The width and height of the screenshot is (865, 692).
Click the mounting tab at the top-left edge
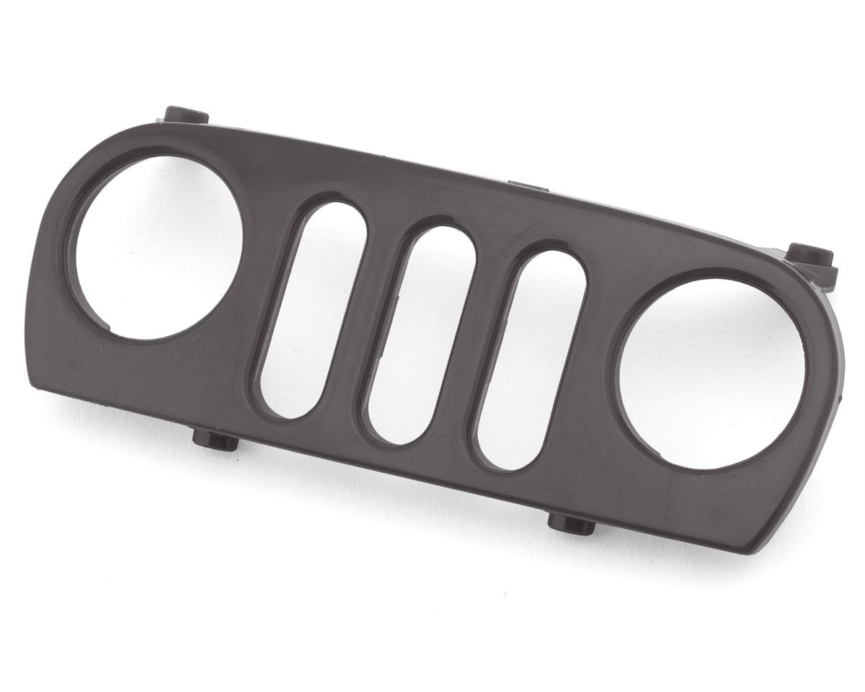pos(185,115)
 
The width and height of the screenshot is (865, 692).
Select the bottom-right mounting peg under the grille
pos(572,523)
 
